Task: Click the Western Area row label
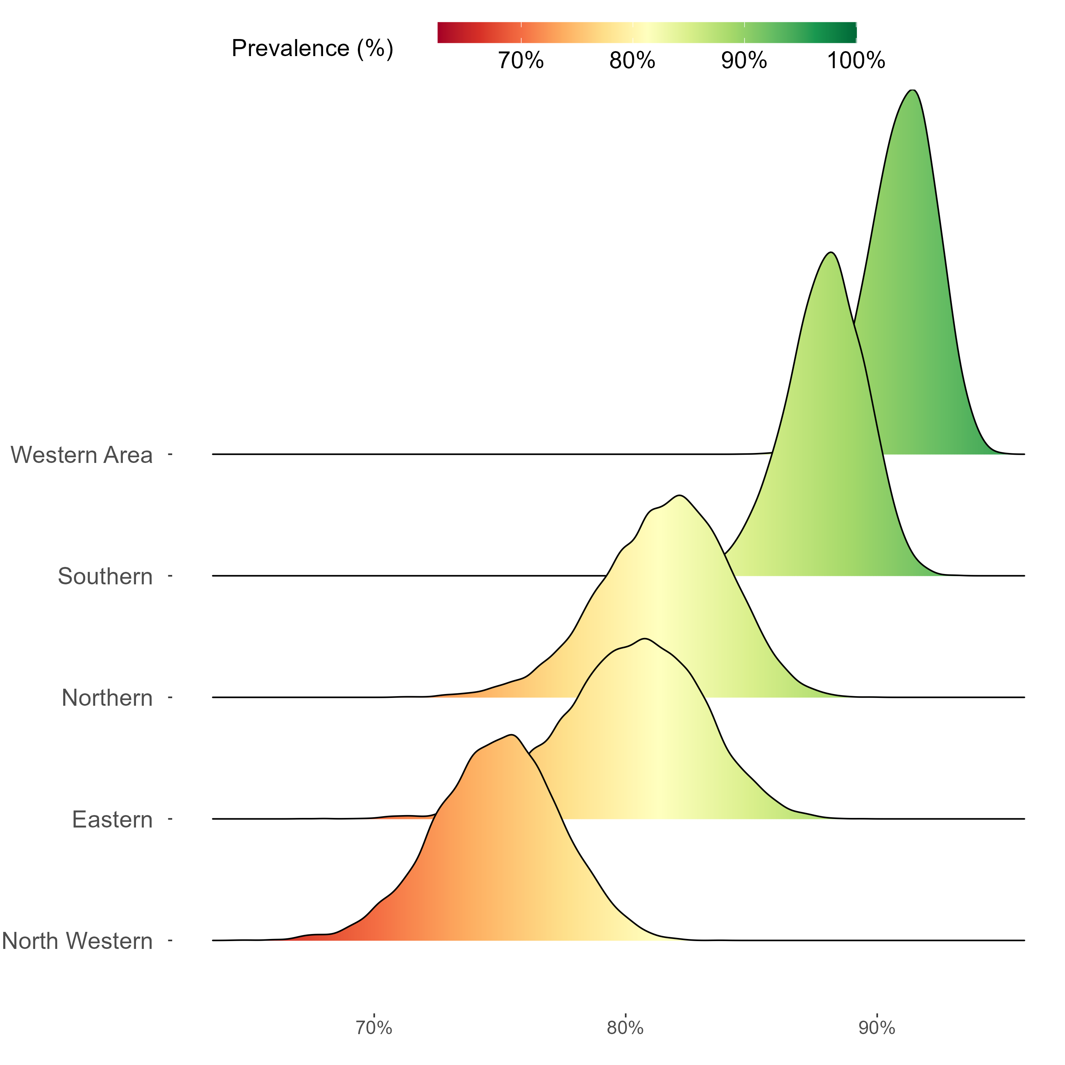click(x=82, y=455)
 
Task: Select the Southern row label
click(x=105, y=577)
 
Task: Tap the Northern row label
click(x=107, y=698)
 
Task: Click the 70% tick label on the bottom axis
click(x=374, y=1028)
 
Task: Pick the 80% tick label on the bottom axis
click(x=625, y=1028)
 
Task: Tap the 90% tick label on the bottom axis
click(x=876, y=1028)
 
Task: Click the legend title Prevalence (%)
click(x=312, y=49)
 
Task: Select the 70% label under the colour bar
click(x=521, y=61)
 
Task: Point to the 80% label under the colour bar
click(x=632, y=61)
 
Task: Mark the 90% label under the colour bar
click(x=744, y=61)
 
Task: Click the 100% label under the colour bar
click(x=856, y=61)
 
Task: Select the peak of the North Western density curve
click(x=512, y=735)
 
